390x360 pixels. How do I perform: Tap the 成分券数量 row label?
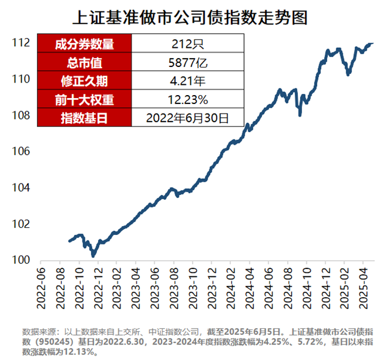(x=84, y=44)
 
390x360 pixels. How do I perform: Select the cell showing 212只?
(x=187, y=44)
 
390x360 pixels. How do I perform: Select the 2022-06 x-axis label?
(x=41, y=288)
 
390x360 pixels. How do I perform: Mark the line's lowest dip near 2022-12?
(x=93, y=255)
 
